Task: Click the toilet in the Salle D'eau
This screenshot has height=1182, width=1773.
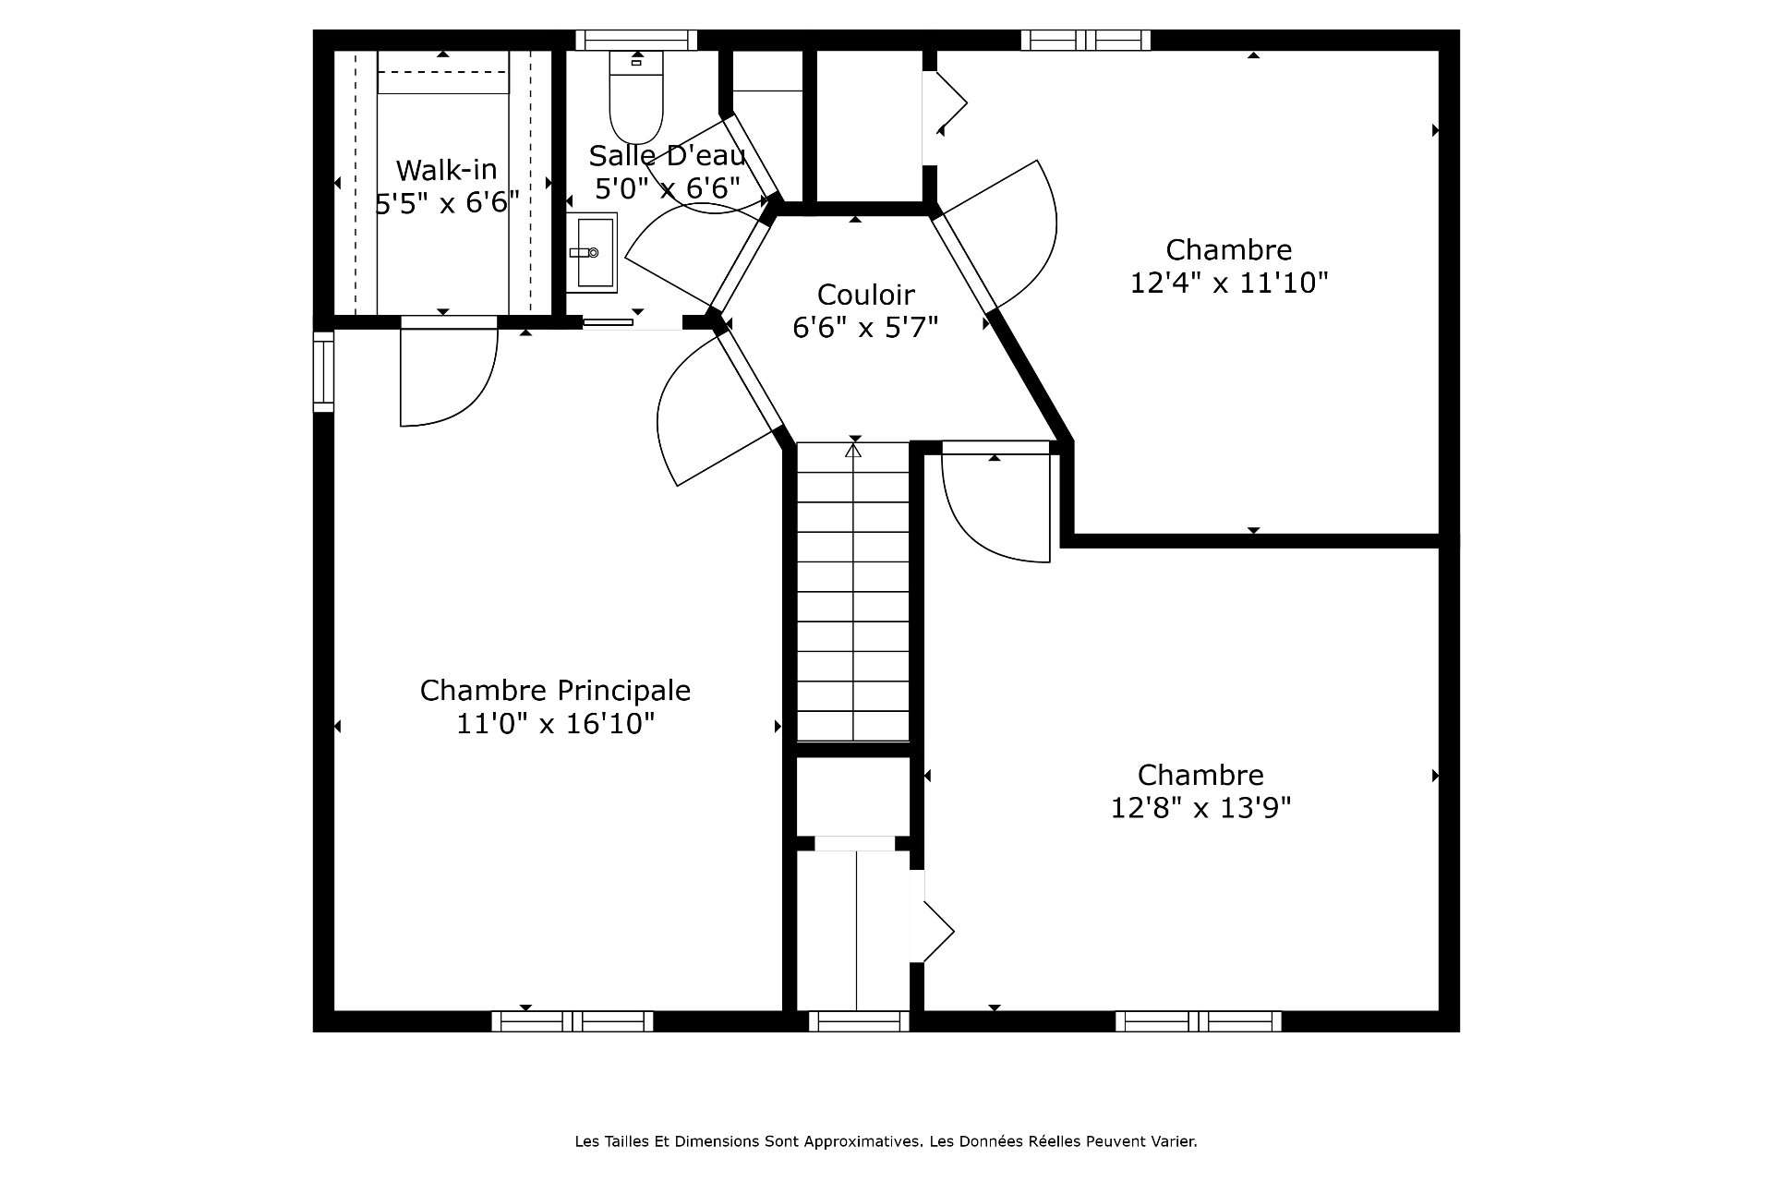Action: [636, 97]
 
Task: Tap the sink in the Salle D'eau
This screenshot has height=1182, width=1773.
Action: [591, 252]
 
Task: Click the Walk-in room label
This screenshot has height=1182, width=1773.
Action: [446, 170]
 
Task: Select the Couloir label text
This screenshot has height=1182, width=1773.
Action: [865, 295]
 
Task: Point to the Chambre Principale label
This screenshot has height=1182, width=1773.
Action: [555, 690]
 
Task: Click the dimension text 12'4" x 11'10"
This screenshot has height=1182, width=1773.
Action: [1229, 282]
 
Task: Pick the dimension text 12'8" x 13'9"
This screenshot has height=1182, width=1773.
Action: [1200, 808]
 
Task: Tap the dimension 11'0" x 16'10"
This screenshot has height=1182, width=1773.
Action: [555, 723]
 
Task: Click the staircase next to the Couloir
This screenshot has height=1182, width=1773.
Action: [853, 592]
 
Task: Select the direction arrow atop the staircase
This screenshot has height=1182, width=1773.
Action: [853, 451]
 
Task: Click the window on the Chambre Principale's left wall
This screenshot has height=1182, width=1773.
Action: [323, 371]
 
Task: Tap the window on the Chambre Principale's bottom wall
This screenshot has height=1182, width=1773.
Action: [573, 1020]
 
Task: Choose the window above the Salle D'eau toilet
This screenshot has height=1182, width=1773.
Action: [636, 41]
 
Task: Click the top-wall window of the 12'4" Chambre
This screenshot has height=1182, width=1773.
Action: [1086, 41]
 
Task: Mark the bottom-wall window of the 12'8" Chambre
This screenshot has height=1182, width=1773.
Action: [1199, 1020]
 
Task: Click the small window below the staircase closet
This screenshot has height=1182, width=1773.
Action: [859, 1020]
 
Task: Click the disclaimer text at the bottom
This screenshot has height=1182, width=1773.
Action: [886, 1141]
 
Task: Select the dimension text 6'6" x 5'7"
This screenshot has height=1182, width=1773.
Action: [865, 327]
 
